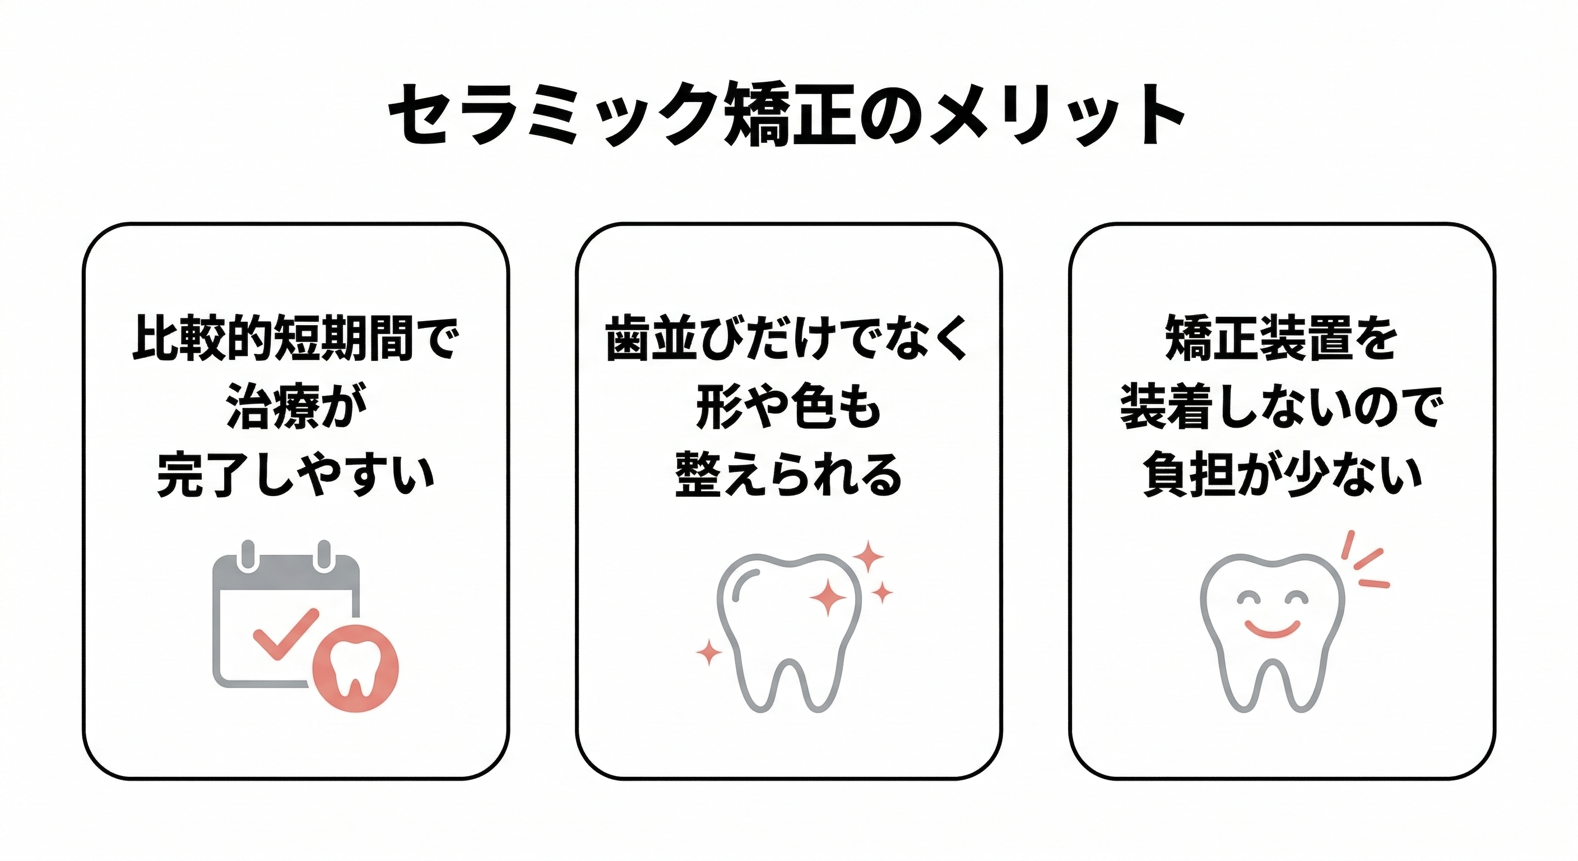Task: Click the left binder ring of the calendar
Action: pos(248,556)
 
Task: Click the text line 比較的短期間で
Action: pos(295,338)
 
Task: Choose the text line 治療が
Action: pos(295,407)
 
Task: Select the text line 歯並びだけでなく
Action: pos(788,338)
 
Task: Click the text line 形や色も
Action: pos(788,407)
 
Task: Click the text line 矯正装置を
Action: pos(1282,338)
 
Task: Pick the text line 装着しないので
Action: pos(1282,407)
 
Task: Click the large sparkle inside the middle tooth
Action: pos(828,596)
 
